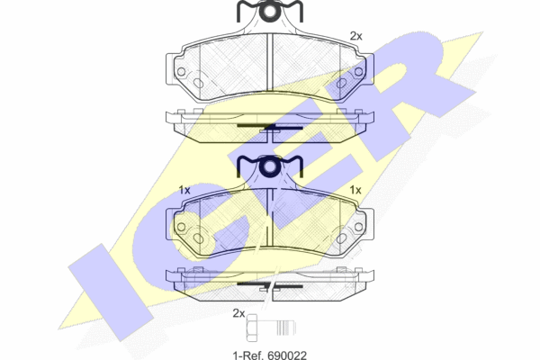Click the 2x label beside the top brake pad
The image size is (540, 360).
click(x=356, y=36)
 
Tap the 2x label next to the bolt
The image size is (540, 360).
click(x=238, y=313)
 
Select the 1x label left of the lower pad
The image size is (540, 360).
click(x=184, y=190)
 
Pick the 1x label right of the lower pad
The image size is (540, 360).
click(x=355, y=190)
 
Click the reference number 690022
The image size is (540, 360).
click(x=287, y=355)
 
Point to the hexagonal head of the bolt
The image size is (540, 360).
click(x=252, y=328)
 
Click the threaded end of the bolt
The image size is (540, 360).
click(x=286, y=328)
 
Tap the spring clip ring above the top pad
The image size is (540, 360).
click(x=269, y=12)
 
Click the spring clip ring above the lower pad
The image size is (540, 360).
click(x=269, y=166)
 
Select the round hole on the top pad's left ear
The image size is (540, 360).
click(x=181, y=72)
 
